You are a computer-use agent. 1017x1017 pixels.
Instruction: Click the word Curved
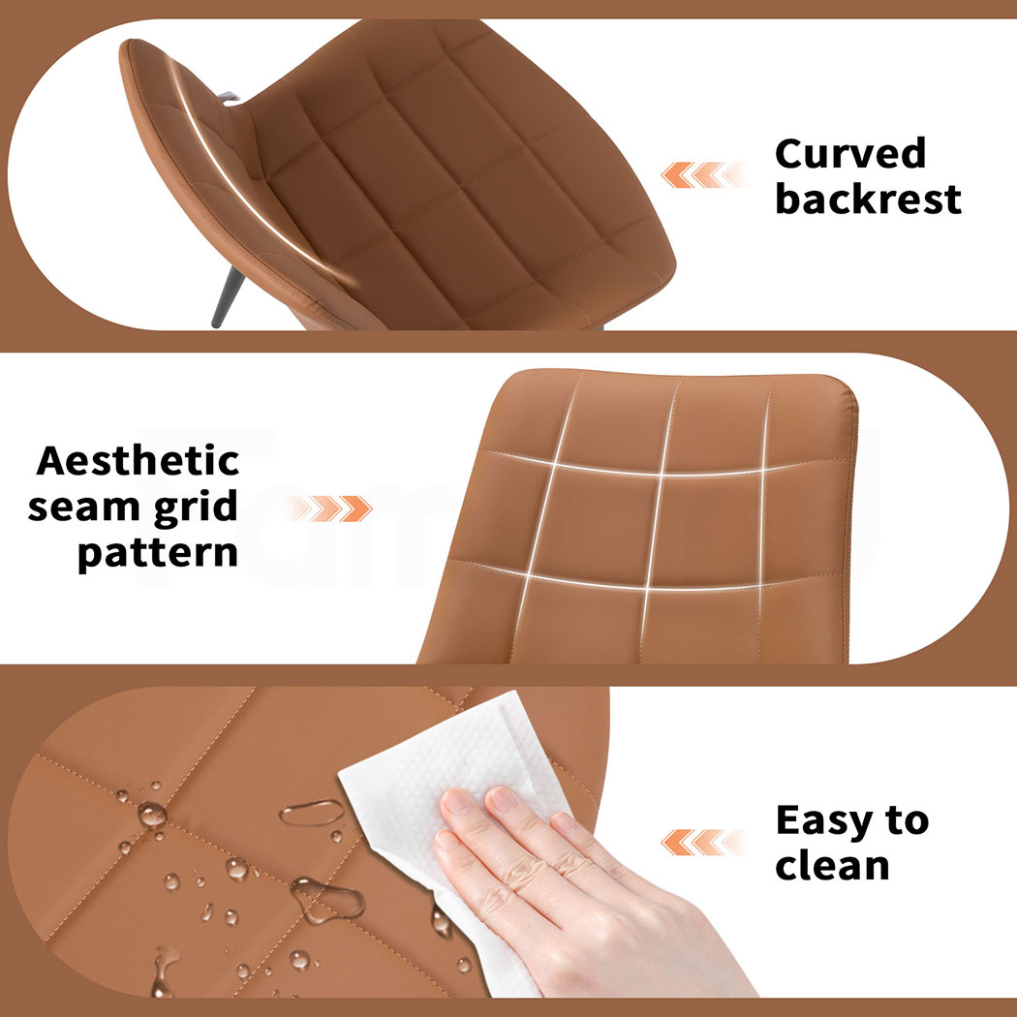(850, 154)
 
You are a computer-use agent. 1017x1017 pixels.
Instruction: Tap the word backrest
(868, 199)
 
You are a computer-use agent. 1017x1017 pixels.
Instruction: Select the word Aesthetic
(139, 460)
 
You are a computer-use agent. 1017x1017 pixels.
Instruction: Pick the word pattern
(158, 554)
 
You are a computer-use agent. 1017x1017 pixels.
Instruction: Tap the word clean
(832, 866)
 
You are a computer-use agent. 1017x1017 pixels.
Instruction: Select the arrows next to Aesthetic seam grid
(329, 508)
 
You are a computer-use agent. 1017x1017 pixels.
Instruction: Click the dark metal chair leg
(228, 297)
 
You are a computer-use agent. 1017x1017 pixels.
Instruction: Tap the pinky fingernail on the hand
(447, 840)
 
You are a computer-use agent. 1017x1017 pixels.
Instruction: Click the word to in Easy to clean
(907, 821)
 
